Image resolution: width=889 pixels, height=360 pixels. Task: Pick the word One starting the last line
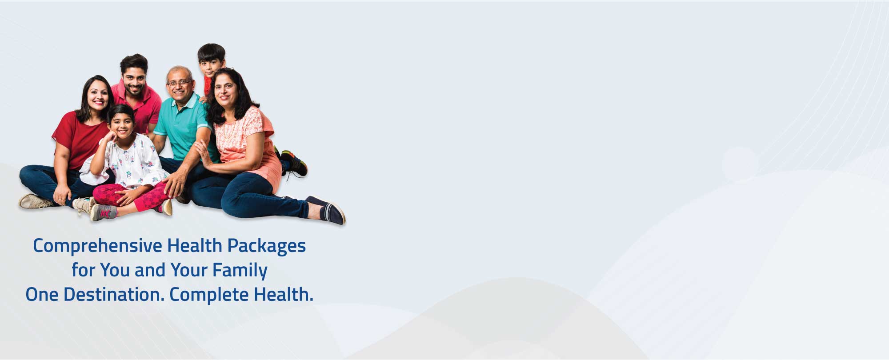click(42, 295)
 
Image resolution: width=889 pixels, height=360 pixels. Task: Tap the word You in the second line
click(114, 270)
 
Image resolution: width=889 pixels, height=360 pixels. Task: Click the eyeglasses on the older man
click(179, 83)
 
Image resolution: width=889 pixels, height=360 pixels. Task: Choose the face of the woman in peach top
click(225, 92)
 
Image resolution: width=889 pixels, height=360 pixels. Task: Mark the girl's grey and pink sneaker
click(103, 212)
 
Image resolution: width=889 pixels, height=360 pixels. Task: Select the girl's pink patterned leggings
click(133, 195)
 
